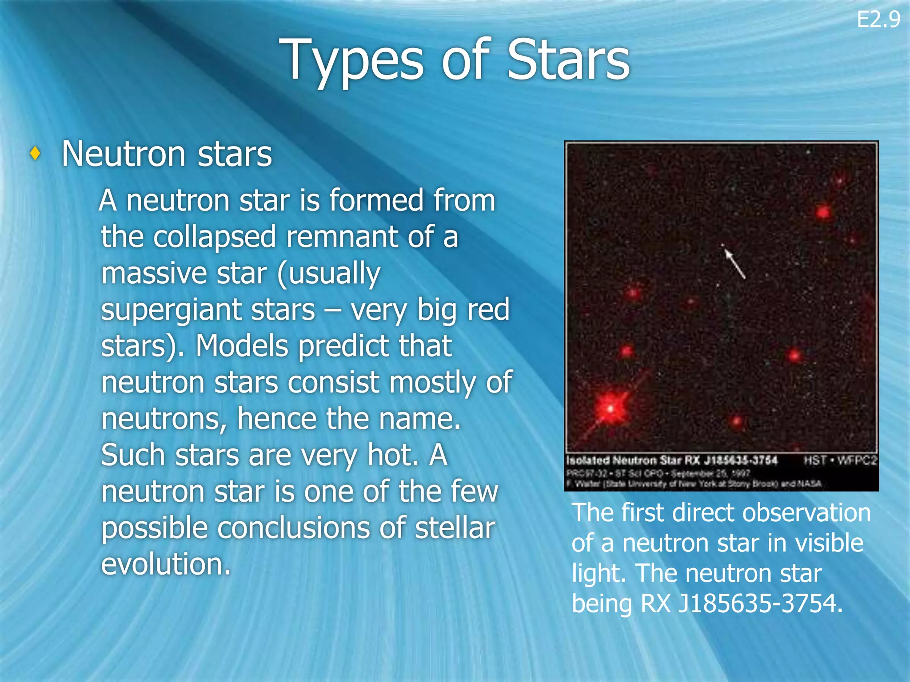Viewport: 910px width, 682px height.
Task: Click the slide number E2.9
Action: click(878, 20)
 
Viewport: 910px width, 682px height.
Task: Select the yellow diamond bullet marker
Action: click(36, 154)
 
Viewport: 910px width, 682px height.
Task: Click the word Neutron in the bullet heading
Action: click(123, 154)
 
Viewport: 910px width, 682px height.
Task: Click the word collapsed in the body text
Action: click(215, 237)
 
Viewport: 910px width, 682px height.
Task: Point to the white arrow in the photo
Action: click(734, 263)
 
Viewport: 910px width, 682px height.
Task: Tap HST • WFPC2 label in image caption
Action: click(840, 460)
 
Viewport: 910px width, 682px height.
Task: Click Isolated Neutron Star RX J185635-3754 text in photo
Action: click(671, 460)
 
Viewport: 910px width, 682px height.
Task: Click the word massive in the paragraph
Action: click(153, 273)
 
